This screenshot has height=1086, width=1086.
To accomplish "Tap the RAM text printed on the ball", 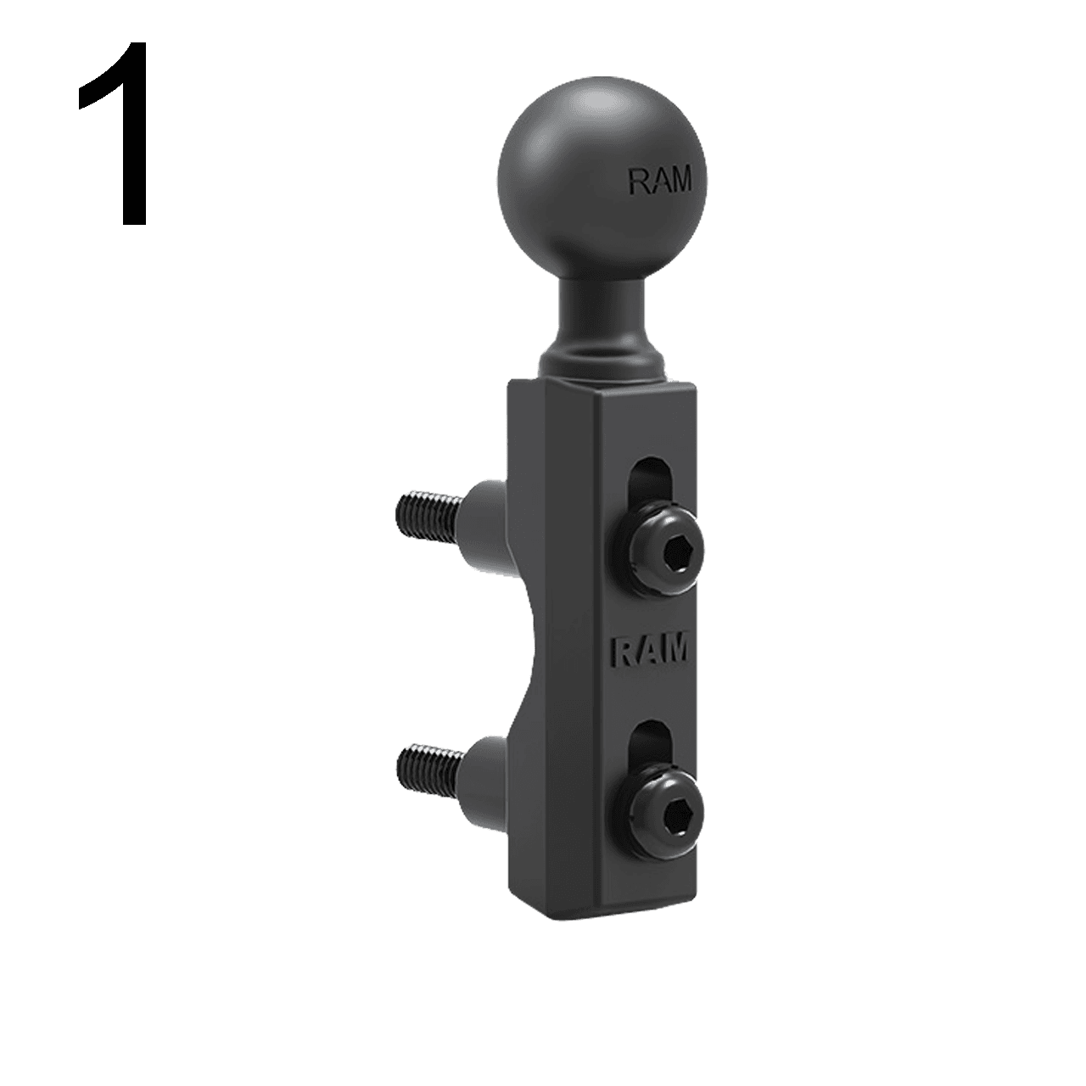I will (659, 180).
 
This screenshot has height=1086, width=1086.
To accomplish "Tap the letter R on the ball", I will (636, 180).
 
